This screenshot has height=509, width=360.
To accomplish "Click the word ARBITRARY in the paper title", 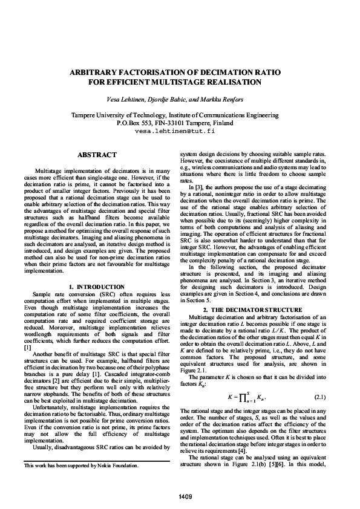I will (106, 71).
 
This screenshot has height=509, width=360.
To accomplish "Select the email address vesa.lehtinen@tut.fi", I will (180, 130).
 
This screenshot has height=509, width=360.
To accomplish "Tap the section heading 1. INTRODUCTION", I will (97, 286).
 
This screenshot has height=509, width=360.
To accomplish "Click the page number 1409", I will (180, 496).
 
